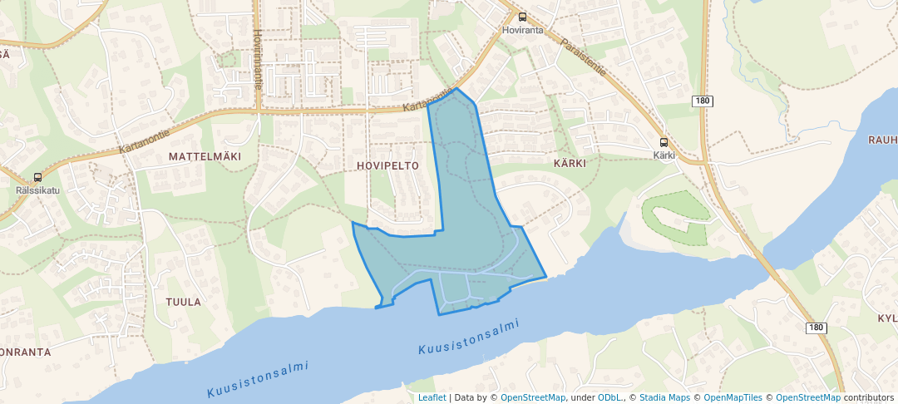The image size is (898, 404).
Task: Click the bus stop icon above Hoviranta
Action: [522, 17]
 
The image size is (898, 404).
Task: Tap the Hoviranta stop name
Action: [523, 30]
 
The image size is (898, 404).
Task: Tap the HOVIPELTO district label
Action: [387, 165]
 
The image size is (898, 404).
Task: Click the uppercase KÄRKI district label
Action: [570, 163]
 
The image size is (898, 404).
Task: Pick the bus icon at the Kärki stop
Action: [664, 142]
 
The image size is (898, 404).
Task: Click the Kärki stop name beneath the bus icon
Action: [664, 155]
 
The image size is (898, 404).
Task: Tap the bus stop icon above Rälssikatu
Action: [37, 177]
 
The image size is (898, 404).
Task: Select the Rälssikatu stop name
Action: [37, 190]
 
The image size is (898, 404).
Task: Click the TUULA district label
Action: [183, 302]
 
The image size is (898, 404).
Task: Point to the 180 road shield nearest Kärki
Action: [703, 101]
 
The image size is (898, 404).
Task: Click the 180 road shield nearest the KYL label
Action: [817, 328]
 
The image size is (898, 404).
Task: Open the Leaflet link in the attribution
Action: [432, 397]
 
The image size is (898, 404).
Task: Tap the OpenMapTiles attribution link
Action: [733, 397]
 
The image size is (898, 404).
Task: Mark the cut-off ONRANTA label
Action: [25, 352]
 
